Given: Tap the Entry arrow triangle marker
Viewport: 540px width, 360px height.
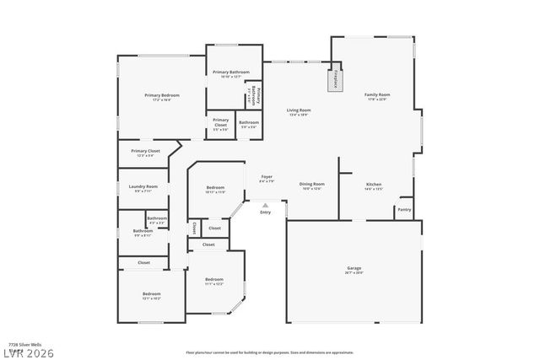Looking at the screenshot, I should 266,205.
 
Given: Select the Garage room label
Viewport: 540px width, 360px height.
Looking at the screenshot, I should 354,270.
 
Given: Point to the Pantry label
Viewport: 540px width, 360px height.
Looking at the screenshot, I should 404,209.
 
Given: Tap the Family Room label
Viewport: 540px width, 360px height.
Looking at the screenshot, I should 376,97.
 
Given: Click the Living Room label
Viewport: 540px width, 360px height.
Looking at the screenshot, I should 299,111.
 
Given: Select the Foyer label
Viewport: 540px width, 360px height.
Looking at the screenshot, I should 266,178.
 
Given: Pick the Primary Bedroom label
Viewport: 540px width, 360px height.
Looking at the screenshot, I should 162,97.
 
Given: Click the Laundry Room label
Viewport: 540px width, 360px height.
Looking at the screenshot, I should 143,187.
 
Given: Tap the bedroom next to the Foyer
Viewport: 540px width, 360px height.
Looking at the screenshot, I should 215,189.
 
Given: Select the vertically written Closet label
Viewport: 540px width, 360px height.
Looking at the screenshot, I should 193,228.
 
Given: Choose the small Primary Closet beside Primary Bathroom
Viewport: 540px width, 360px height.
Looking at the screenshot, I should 220,123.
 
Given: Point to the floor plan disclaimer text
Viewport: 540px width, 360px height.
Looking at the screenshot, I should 270,352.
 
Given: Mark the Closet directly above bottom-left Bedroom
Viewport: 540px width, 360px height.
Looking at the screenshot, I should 144,263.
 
